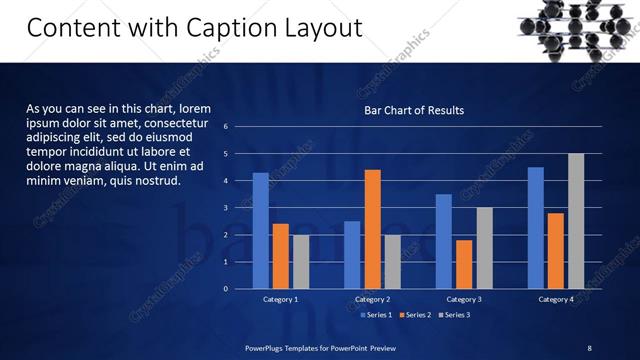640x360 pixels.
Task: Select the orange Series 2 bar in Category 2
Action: point(372,229)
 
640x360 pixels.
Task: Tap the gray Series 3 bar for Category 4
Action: point(576,221)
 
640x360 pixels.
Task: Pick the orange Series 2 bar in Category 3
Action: point(464,264)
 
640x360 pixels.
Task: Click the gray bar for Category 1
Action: point(301,262)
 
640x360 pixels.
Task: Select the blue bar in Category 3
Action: point(444,241)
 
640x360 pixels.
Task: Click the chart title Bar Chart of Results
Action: point(413,110)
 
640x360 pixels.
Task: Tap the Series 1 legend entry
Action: point(375,315)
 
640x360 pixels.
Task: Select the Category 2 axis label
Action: point(372,300)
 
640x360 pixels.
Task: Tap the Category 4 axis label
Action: point(556,300)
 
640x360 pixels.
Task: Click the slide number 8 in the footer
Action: point(589,347)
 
